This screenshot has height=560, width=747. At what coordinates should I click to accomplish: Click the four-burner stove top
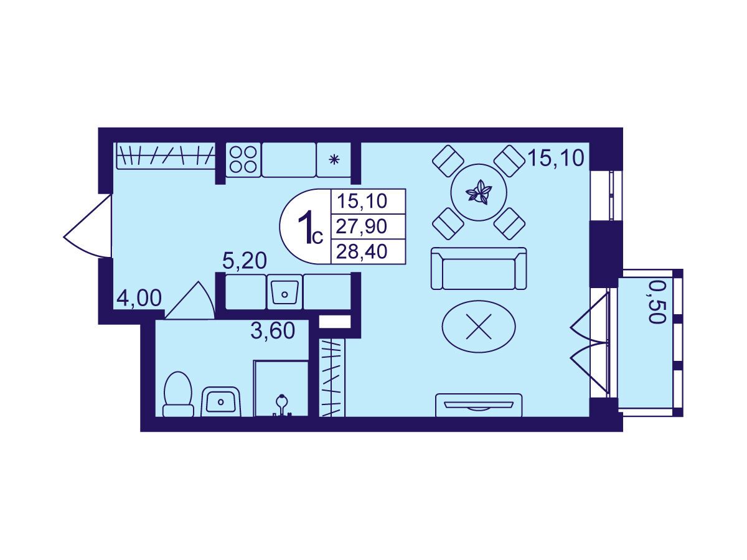(x=243, y=159)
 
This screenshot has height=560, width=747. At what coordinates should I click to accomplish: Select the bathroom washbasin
(x=221, y=401)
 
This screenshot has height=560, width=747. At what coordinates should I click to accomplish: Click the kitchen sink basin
(x=284, y=292)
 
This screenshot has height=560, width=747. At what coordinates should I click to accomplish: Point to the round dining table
(x=479, y=192)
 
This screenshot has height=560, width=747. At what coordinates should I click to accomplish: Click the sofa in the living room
(x=479, y=269)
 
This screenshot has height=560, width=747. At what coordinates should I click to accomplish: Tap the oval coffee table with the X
(x=479, y=327)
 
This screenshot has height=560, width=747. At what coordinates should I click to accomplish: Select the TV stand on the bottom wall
(x=479, y=405)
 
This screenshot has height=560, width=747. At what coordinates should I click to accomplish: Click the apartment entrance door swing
(x=88, y=226)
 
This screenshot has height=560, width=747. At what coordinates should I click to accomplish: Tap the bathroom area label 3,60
(x=273, y=331)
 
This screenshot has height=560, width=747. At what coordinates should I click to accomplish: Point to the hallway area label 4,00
(x=139, y=299)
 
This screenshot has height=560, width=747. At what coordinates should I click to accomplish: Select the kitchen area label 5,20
(x=244, y=261)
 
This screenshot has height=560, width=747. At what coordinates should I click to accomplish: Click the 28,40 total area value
(x=362, y=252)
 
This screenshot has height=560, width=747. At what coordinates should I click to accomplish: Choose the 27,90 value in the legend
(x=362, y=226)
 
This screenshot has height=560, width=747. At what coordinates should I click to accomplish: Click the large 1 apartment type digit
(x=305, y=226)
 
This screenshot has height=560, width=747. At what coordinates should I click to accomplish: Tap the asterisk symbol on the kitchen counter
(x=334, y=159)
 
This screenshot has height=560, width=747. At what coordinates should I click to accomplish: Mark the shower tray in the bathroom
(x=281, y=388)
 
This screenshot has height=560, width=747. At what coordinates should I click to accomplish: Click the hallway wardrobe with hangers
(x=166, y=156)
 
